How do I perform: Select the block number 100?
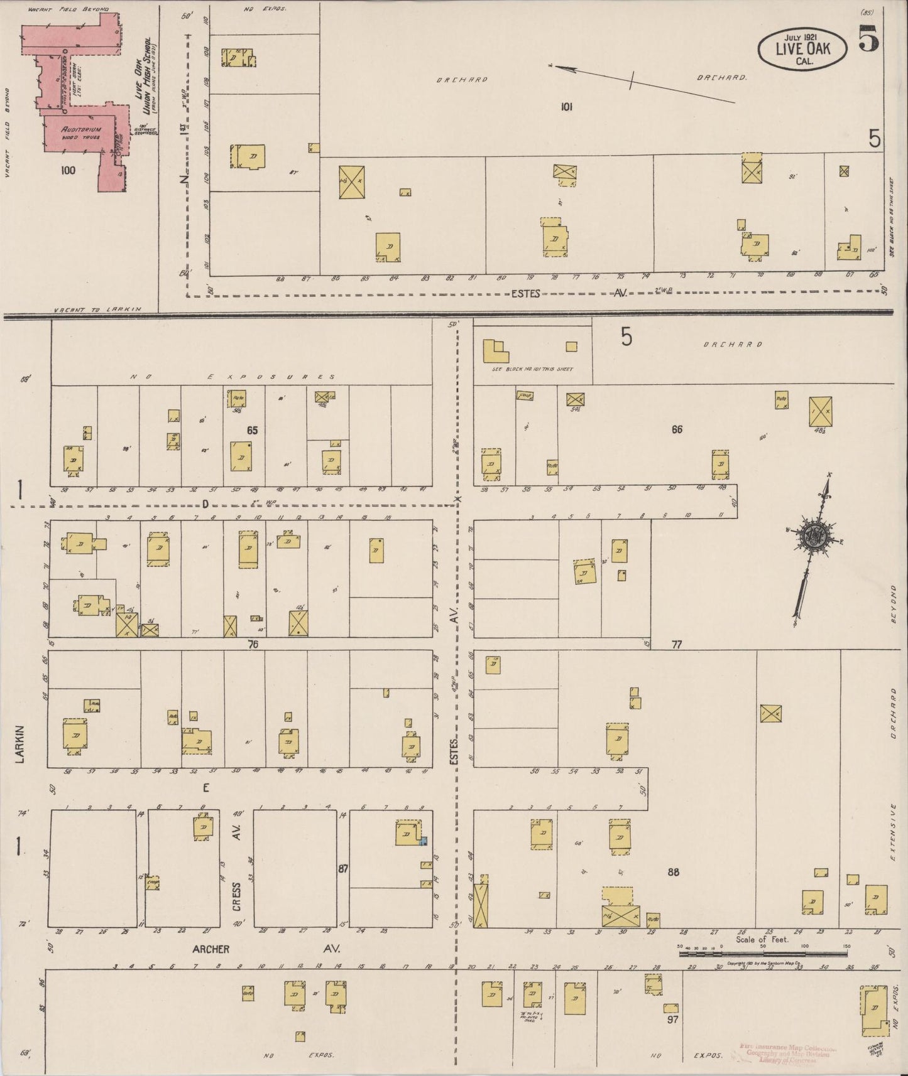(x=68, y=169)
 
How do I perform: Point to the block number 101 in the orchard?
(x=566, y=107)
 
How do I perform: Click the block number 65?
(x=253, y=430)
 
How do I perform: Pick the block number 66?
(x=677, y=429)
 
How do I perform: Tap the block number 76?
(x=253, y=643)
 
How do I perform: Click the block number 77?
(x=676, y=644)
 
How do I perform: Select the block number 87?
(x=342, y=869)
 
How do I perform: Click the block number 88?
(x=674, y=872)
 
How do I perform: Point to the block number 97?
(x=673, y=1020)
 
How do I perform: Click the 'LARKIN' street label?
(x=19, y=744)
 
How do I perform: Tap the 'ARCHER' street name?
(x=211, y=949)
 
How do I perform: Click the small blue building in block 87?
(x=424, y=841)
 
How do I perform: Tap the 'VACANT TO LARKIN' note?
(x=97, y=309)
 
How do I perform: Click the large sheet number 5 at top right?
(x=870, y=41)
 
